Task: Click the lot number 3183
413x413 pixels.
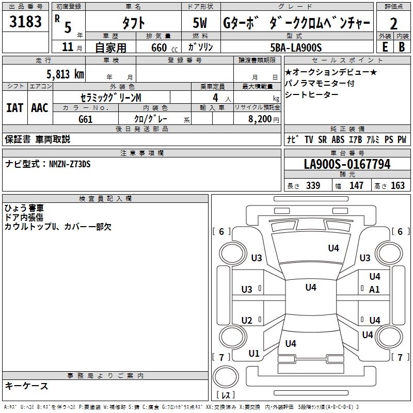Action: (26, 23)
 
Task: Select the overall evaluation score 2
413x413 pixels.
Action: (393, 24)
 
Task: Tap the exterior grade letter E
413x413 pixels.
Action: (385, 46)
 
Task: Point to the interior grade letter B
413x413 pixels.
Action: (402, 46)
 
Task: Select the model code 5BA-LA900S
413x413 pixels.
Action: (296, 47)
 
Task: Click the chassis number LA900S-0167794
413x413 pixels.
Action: (347, 164)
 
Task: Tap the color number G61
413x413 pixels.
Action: (86, 119)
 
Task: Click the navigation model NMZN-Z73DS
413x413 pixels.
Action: (70, 164)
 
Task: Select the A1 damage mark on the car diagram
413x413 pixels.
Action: (374, 290)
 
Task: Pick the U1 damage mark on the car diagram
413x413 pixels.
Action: (253, 354)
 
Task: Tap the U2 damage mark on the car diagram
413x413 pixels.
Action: (247, 321)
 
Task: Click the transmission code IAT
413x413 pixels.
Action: (14, 107)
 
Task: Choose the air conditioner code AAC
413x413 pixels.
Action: (40, 107)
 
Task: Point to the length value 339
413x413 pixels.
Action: (313, 186)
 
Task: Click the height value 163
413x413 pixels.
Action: (398, 186)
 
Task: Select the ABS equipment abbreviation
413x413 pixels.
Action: (338, 139)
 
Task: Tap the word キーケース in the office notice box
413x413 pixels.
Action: (27, 386)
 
